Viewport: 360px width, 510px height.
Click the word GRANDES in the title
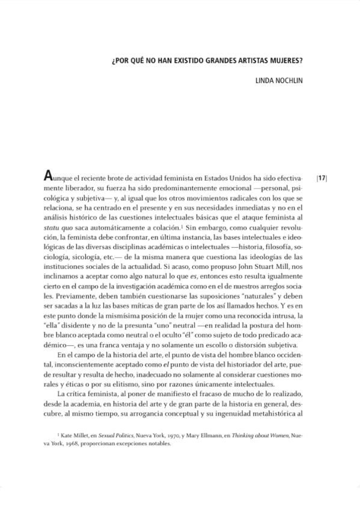click(239, 61)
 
